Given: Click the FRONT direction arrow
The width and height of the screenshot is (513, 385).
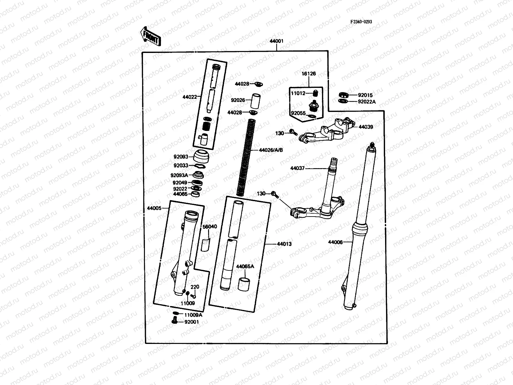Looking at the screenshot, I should click(x=150, y=36).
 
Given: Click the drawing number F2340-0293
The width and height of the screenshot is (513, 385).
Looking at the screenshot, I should click(x=361, y=22).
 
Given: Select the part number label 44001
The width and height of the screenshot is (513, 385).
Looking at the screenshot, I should click(x=276, y=41).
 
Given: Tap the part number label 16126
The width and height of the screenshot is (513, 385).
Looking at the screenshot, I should click(x=308, y=74).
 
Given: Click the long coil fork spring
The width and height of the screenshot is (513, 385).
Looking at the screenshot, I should click(x=246, y=157).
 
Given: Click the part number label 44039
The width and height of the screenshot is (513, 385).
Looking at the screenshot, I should click(x=366, y=127).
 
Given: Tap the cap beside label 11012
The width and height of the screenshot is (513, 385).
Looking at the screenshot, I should click(x=315, y=93).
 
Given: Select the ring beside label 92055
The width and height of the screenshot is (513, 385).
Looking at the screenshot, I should click(x=311, y=116).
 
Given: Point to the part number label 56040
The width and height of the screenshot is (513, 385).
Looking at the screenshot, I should click(x=210, y=227).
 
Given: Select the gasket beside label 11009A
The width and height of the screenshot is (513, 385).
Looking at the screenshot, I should click(x=176, y=313).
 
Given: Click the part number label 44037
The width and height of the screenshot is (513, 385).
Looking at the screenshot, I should click(x=297, y=168).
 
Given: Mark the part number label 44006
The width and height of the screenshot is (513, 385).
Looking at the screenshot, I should click(x=335, y=242).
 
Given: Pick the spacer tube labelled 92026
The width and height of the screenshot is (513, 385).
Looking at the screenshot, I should click(x=255, y=100).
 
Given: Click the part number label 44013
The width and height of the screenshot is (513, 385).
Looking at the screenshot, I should click(x=284, y=244).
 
